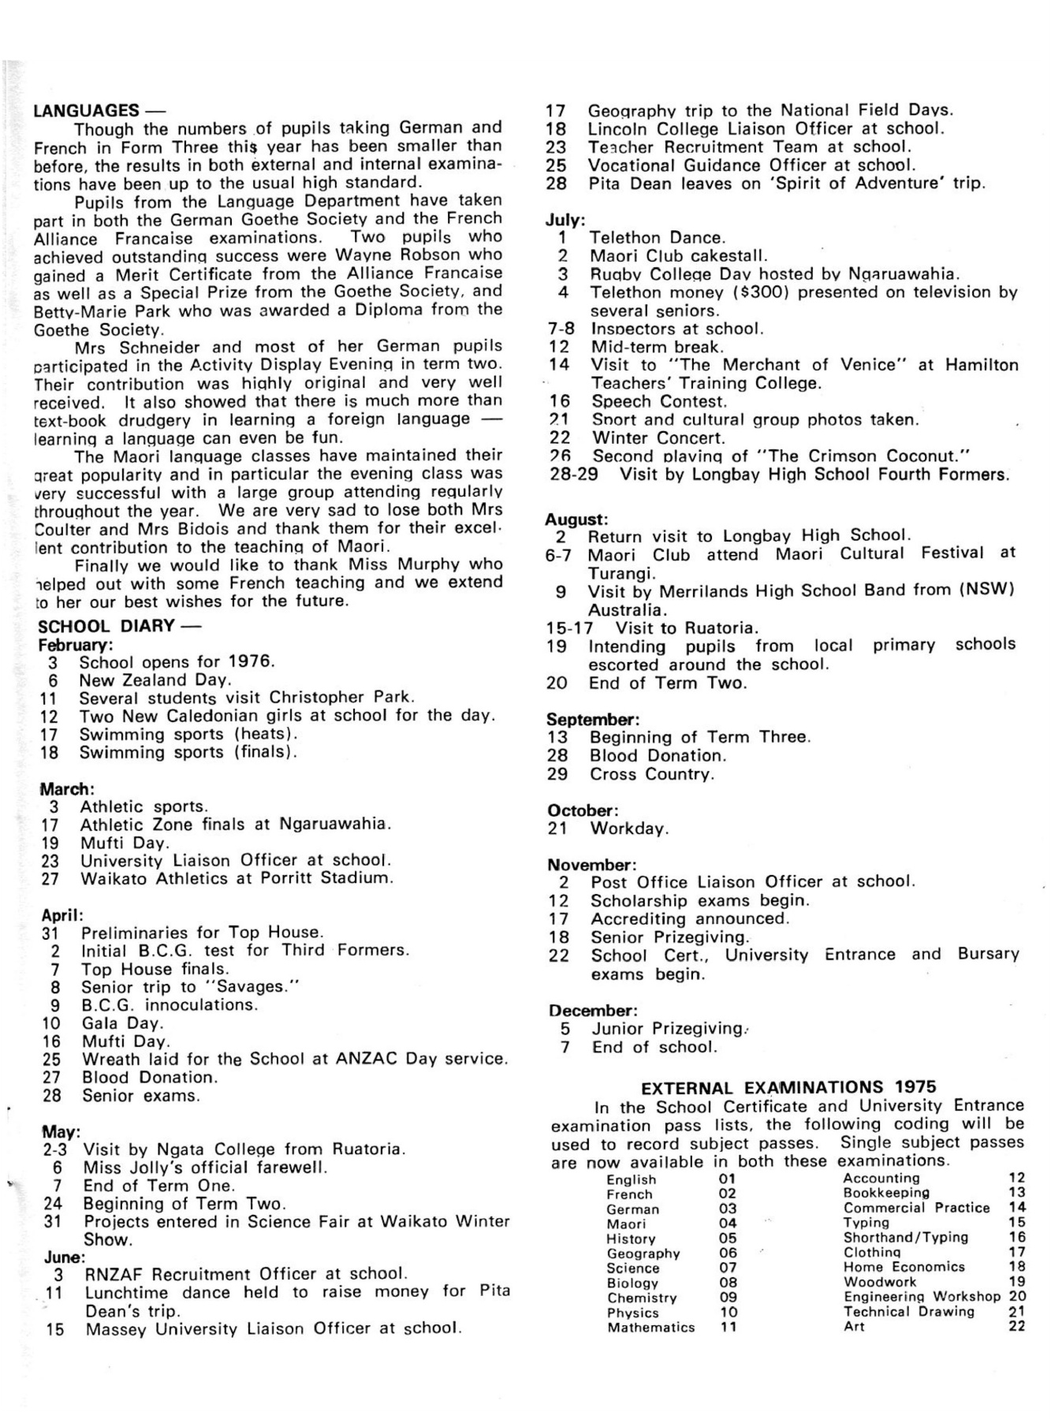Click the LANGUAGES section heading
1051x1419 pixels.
tap(87, 110)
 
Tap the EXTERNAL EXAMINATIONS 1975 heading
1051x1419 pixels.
tap(788, 1088)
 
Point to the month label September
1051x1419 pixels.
tap(592, 719)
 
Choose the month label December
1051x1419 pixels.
tap(592, 1010)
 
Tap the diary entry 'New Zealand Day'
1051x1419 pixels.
tap(155, 680)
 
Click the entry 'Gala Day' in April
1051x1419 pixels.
tap(122, 1023)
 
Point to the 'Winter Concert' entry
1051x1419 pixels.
tap(658, 438)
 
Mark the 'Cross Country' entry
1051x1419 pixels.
tap(652, 774)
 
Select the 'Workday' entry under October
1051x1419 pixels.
tap(628, 829)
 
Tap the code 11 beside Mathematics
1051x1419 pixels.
tap(728, 1328)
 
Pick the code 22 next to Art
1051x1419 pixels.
tap(1016, 1327)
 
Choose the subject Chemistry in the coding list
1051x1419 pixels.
tap(642, 1298)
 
